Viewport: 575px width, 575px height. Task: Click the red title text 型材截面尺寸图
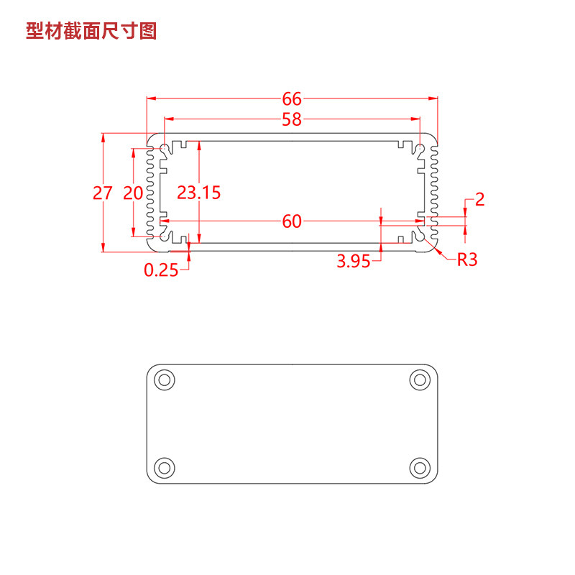pyautogui.click(x=91, y=31)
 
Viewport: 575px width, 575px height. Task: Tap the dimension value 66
pyautogui.click(x=292, y=99)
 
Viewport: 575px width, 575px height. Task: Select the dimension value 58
pyautogui.click(x=292, y=119)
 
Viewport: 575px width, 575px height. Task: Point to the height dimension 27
pyautogui.click(x=102, y=193)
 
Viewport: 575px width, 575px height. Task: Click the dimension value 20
pyautogui.click(x=133, y=193)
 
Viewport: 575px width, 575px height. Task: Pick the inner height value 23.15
pyautogui.click(x=199, y=193)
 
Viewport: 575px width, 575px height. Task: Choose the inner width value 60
pyautogui.click(x=292, y=221)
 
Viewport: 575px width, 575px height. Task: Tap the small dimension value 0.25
pyautogui.click(x=161, y=270)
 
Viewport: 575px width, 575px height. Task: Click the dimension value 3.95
pyautogui.click(x=354, y=261)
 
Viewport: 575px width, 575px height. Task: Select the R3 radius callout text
pyautogui.click(x=467, y=260)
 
